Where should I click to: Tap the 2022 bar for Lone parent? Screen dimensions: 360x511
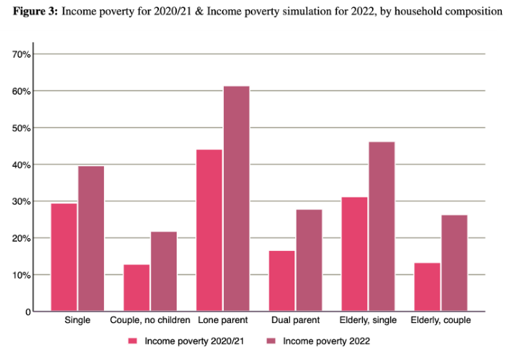236,199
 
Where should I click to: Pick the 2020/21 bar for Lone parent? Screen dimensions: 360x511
209,230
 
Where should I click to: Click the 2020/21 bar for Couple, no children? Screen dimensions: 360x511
136,288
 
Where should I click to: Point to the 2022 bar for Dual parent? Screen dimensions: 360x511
309,260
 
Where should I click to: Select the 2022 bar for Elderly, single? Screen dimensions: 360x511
381,227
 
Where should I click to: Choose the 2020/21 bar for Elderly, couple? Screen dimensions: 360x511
427,287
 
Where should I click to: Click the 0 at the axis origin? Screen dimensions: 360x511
28,312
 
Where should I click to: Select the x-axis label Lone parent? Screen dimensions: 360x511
222,321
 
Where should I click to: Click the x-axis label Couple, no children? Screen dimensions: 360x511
150,321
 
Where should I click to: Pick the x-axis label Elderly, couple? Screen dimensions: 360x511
440,321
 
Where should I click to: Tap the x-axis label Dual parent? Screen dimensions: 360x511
295,321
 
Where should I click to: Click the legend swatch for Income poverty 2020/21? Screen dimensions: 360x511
133,341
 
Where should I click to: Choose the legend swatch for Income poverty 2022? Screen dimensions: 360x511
271,341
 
